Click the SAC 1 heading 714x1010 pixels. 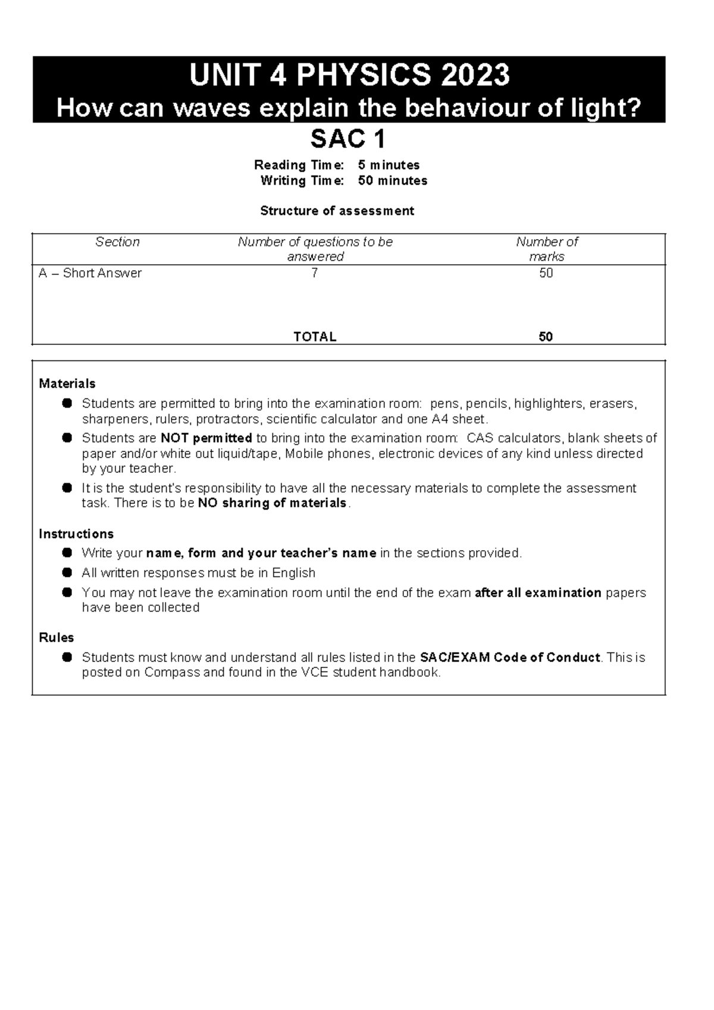348,140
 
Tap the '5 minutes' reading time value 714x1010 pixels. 389,165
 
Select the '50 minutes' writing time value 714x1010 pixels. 393,180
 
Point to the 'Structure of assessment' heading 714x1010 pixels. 337,211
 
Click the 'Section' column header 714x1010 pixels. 117,241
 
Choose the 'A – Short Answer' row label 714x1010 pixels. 90,273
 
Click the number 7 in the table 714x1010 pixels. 315,273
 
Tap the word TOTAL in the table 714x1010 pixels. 315,337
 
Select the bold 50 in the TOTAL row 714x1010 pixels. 546,337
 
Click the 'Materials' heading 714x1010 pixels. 67,384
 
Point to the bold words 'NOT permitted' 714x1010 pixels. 206,438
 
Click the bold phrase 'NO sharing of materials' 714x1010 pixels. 272,503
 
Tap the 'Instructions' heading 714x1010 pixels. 76,534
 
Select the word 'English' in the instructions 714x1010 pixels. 293,573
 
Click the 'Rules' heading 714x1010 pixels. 56,638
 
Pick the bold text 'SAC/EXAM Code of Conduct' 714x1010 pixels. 510,657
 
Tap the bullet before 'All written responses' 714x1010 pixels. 68,572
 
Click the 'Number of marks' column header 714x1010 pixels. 547,249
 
